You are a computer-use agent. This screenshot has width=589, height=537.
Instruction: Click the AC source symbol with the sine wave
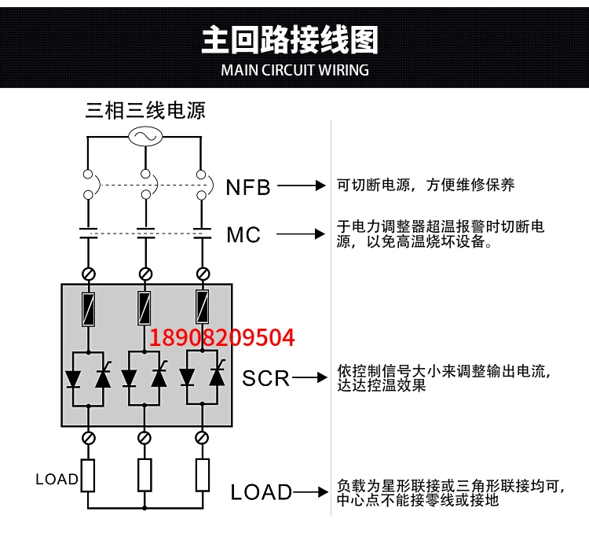pos(145,136)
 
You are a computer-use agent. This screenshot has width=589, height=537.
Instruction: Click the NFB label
pos(248,187)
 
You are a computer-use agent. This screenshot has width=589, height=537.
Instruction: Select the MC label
pos(243,234)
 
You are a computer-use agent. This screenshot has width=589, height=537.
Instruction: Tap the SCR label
pos(266,378)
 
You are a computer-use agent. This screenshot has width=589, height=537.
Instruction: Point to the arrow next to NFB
pos(302,186)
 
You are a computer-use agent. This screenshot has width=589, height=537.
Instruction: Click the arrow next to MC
pos(301,234)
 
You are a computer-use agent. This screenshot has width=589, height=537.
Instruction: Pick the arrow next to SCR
pos(309,377)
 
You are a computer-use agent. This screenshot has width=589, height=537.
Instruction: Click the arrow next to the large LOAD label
pos(310,492)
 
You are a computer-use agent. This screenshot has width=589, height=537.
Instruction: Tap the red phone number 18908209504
pos(222,337)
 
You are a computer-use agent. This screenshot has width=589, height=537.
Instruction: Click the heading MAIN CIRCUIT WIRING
pos(294,70)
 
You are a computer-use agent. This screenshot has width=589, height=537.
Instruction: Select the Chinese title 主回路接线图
pos(290,39)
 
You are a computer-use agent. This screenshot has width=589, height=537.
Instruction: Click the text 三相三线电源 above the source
pos(145,111)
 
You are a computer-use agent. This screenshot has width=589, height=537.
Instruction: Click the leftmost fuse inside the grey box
pos(88,309)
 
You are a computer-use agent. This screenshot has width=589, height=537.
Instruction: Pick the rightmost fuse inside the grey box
pos(203,307)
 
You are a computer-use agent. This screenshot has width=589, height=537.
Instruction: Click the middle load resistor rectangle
pos(145,475)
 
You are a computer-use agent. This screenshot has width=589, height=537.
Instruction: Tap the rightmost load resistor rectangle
pos(203,475)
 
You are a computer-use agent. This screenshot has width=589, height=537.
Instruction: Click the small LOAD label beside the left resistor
pos(57,479)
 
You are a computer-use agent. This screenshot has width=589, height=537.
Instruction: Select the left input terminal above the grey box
pos(88,274)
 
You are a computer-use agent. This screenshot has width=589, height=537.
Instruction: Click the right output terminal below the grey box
pos(202,438)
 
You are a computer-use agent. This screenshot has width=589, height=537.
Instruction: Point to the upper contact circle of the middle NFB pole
pos(145,174)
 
